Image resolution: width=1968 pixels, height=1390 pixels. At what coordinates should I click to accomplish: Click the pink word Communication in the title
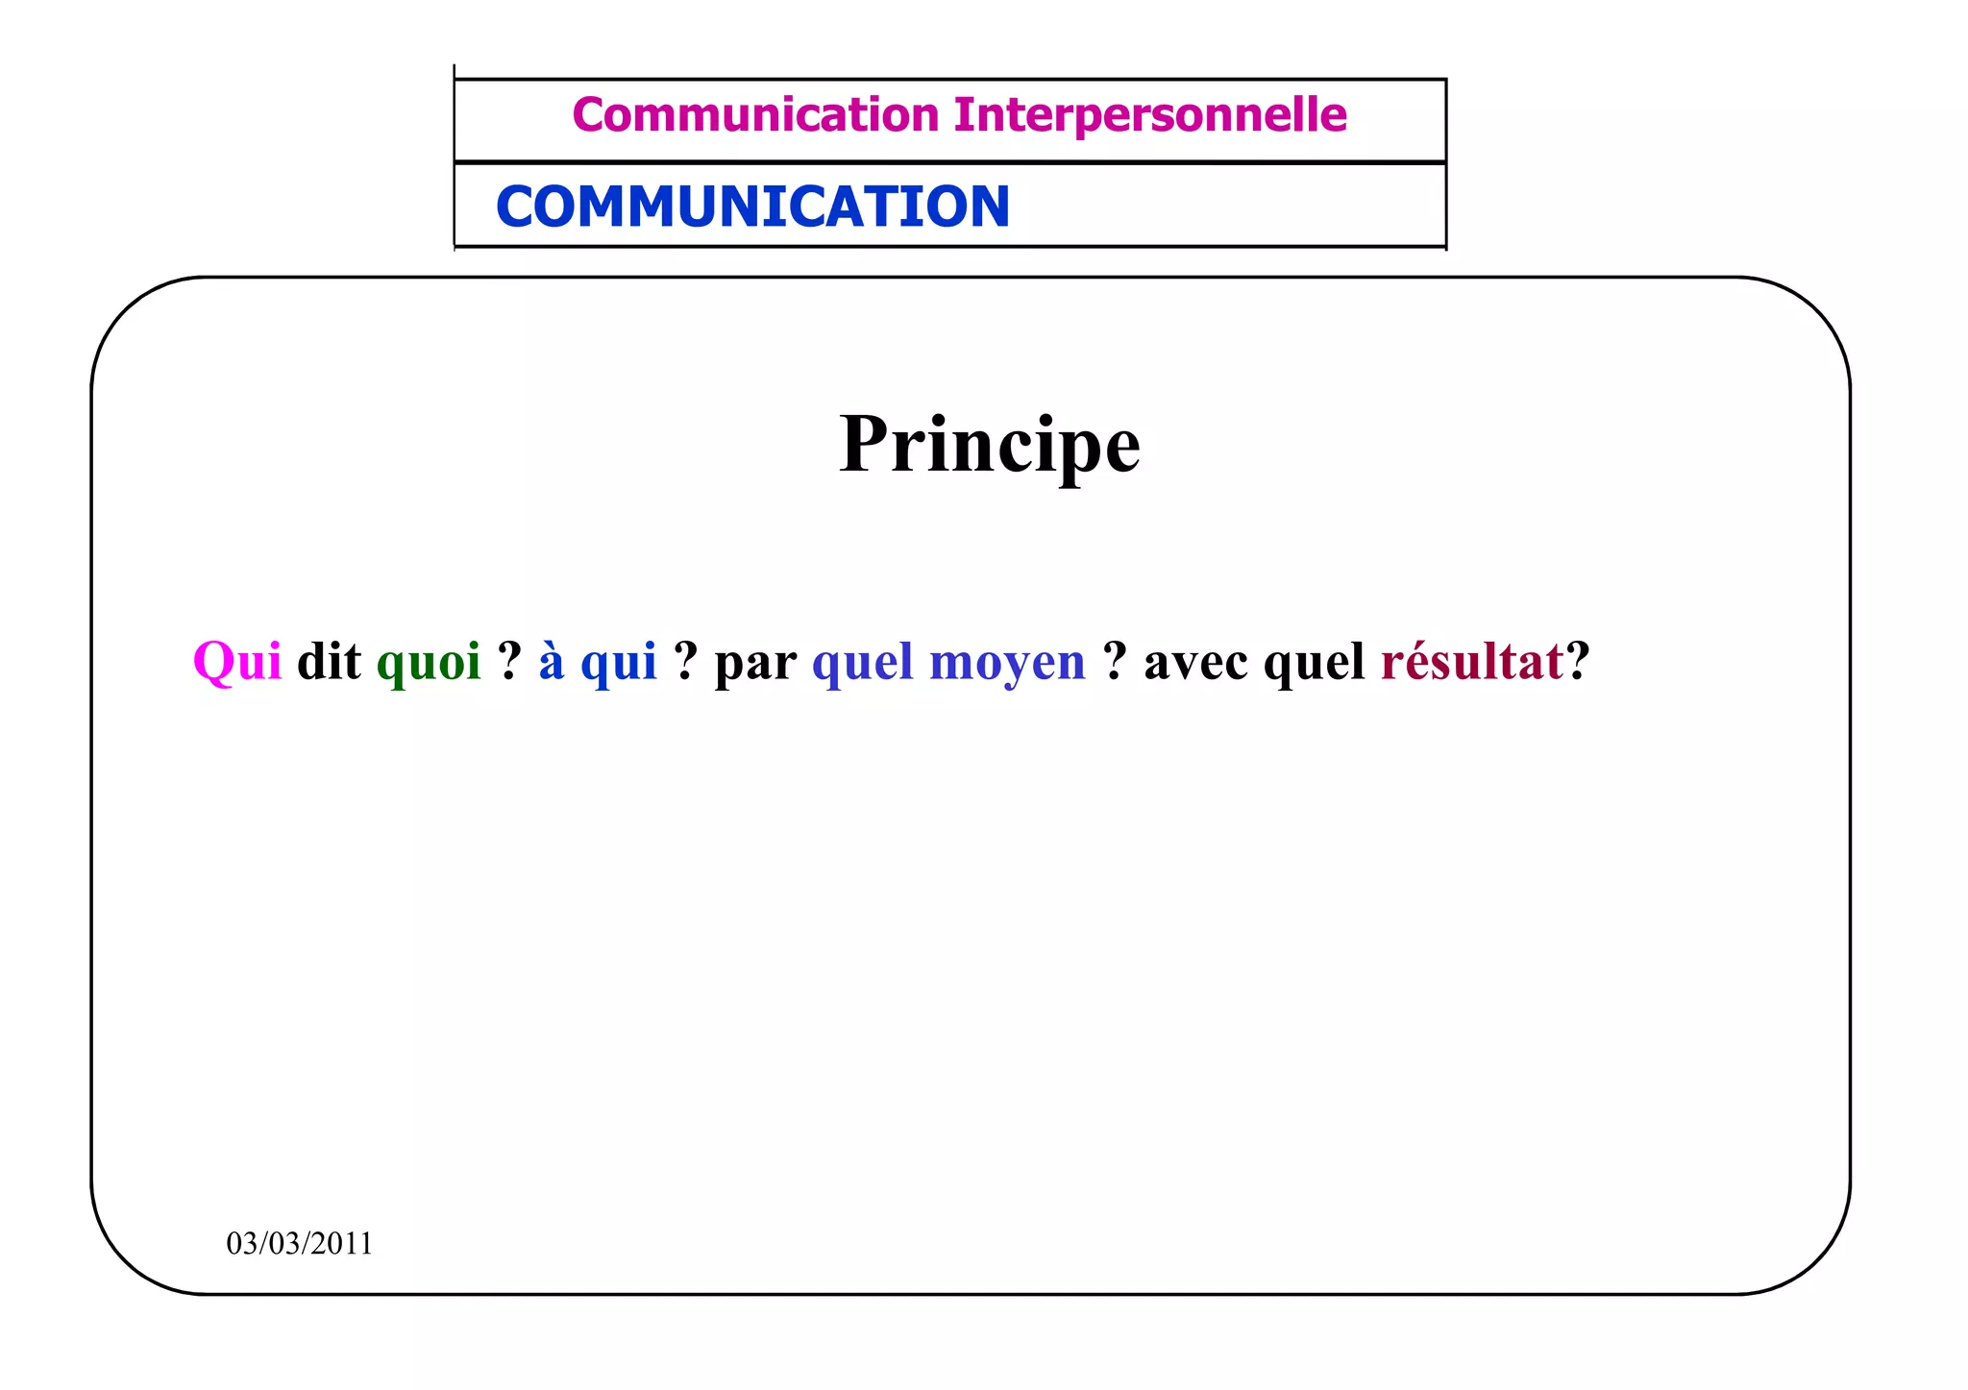point(755,115)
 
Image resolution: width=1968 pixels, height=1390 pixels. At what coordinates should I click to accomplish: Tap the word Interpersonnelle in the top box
point(1150,115)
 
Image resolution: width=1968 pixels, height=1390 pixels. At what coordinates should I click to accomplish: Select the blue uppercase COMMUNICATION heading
point(752,207)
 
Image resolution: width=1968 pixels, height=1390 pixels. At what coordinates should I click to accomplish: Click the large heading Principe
point(989,445)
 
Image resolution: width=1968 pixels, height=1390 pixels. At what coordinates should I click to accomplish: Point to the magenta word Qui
point(237,662)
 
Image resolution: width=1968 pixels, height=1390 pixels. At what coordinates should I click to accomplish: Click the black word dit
point(329,662)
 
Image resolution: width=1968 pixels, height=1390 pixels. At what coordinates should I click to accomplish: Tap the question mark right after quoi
point(509,661)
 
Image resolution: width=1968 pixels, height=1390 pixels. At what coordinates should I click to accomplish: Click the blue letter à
point(551,661)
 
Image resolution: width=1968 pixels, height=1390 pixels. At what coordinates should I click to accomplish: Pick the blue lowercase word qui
point(619,664)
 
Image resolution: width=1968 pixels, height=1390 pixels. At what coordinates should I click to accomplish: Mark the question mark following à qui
point(685,661)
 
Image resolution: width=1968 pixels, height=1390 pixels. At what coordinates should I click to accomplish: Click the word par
point(755,664)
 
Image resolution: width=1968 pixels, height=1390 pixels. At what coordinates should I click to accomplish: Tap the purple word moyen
point(1007,664)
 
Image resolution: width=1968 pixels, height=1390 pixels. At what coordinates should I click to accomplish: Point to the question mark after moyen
point(1115,661)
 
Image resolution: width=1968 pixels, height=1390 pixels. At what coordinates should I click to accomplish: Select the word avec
point(1196,662)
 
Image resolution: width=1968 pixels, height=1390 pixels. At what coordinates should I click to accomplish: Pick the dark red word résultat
point(1472,662)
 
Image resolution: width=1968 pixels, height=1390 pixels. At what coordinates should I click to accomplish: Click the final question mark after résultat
point(1578,661)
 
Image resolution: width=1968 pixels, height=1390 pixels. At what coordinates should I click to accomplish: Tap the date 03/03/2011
point(299,1243)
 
